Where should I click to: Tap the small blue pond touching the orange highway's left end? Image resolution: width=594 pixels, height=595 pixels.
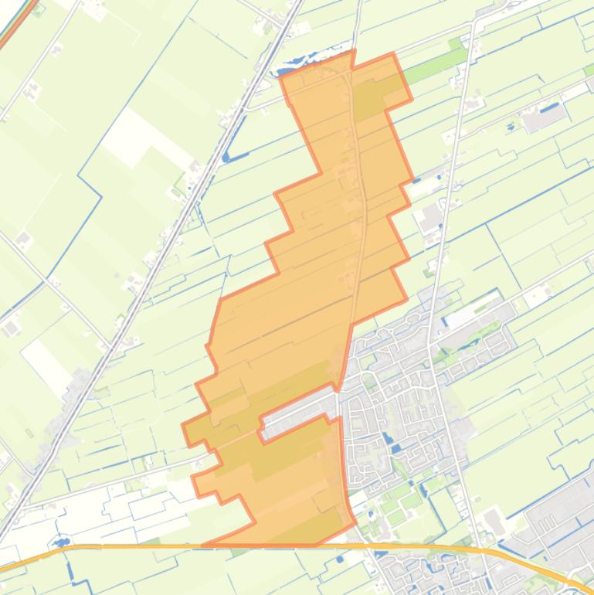(59, 542)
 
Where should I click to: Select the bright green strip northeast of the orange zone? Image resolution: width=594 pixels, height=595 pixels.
(433, 69)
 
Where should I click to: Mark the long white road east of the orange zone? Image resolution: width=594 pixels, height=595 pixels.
(448, 193)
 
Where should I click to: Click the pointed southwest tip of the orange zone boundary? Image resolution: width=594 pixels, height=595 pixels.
(185, 426)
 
